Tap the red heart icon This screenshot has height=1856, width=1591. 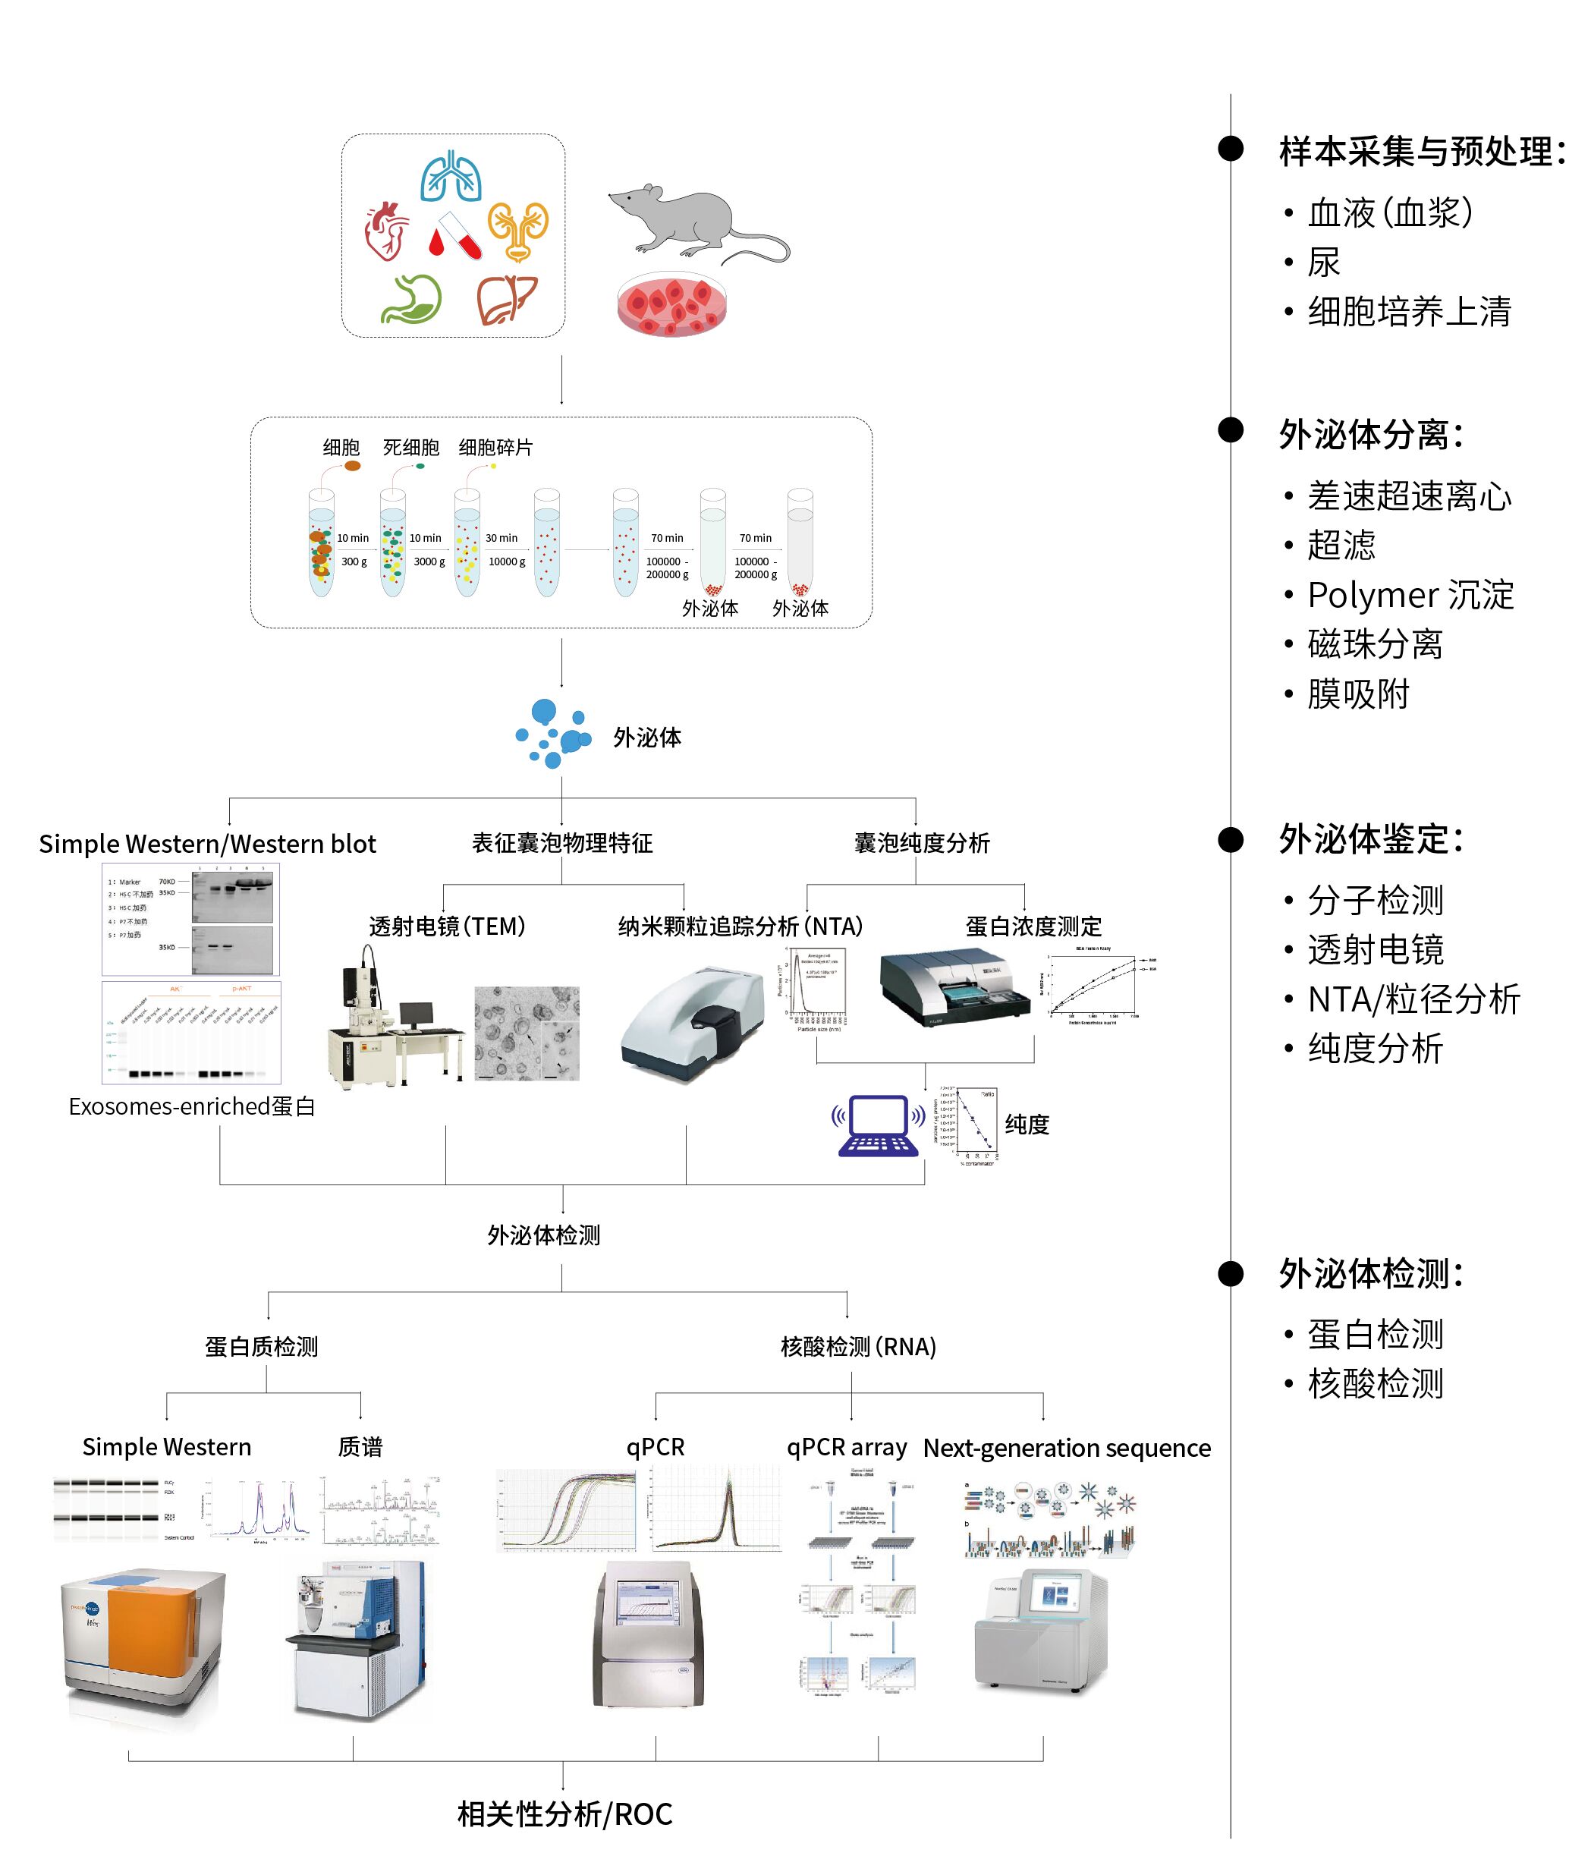[x=387, y=230]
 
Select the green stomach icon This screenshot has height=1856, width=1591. [x=412, y=298]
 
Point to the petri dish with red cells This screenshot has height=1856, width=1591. [x=672, y=304]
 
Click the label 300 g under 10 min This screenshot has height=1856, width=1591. [x=354, y=562]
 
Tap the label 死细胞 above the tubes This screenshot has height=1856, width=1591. [x=411, y=447]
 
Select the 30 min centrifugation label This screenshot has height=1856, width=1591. [x=502, y=538]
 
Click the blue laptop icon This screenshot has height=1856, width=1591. [x=879, y=1126]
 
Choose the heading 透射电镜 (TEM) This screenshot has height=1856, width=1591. [x=447, y=926]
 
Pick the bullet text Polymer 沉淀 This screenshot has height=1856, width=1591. [x=1410, y=595]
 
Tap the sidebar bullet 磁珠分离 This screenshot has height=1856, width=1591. [x=1374, y=644]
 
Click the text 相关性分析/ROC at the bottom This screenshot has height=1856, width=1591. [x=564, y=1814]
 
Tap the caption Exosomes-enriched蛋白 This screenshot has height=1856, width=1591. [x=192, y=1106]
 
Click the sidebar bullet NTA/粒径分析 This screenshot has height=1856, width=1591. [x=1413, y=999]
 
